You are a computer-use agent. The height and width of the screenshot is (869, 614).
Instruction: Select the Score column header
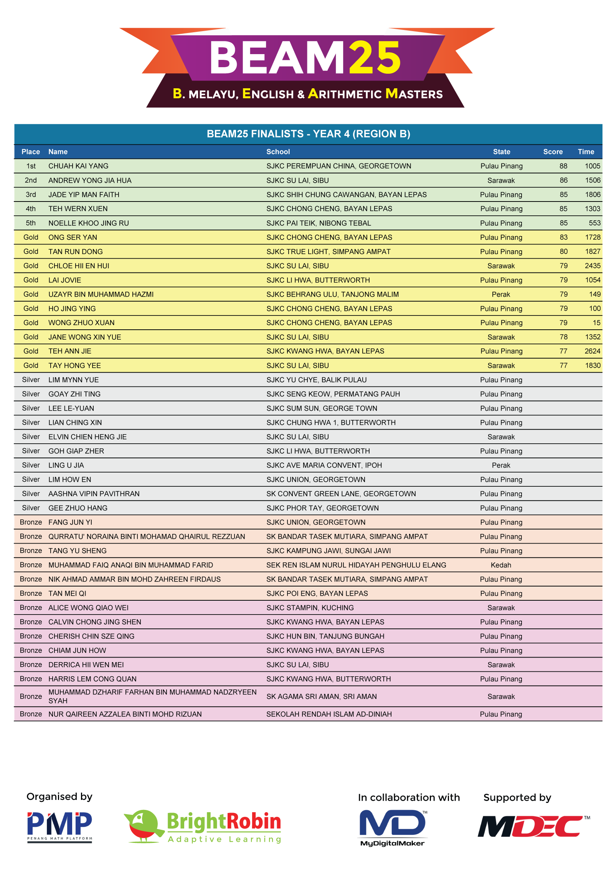click(553, 152)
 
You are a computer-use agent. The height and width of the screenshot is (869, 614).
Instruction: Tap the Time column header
click(586, 152)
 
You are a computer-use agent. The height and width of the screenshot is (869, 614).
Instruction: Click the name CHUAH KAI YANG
click(78, 166)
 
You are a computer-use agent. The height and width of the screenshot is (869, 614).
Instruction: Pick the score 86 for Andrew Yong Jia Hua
click(563, 180)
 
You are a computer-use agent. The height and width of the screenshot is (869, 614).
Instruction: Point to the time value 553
click(594, 223)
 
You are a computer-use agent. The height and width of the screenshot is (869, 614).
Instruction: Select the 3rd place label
click(31, 195)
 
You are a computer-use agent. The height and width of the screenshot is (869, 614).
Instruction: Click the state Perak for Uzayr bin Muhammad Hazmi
click(501, 294)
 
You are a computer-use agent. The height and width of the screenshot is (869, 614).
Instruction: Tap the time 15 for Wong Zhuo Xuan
click(596, 323)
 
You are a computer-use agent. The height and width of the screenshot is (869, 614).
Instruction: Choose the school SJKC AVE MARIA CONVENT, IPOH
click(324, 465)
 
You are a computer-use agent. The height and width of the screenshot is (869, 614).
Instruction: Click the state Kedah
click(501, 565)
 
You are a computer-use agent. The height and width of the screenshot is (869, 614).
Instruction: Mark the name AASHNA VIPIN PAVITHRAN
click(94, 494)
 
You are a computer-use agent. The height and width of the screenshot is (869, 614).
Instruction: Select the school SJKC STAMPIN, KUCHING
click(310, 608)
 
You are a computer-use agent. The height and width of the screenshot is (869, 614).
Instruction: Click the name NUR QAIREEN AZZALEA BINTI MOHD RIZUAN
click(125, 714)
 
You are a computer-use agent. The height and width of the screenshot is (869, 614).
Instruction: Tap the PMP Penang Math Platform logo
click(59, 826)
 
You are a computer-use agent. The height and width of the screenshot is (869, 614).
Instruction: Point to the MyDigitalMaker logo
click(392, 827)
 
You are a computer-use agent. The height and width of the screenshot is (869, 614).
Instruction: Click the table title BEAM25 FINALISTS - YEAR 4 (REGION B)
click(308, 134)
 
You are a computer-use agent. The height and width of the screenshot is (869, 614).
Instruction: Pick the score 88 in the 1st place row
click(563, 166)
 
